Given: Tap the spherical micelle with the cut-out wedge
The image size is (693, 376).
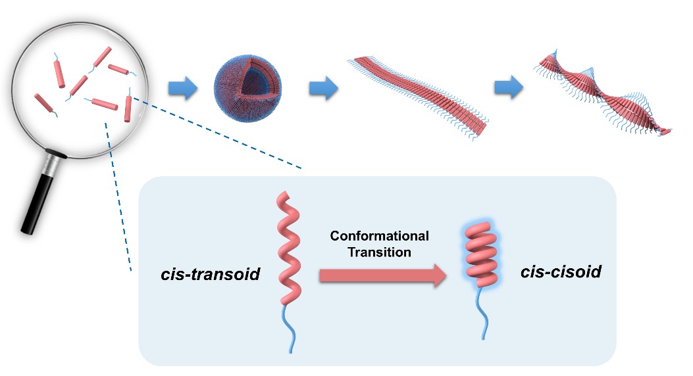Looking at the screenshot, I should point(242,90).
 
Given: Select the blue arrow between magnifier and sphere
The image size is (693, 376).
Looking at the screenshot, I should point(182,89).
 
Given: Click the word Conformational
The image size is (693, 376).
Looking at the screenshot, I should point(379,236).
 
